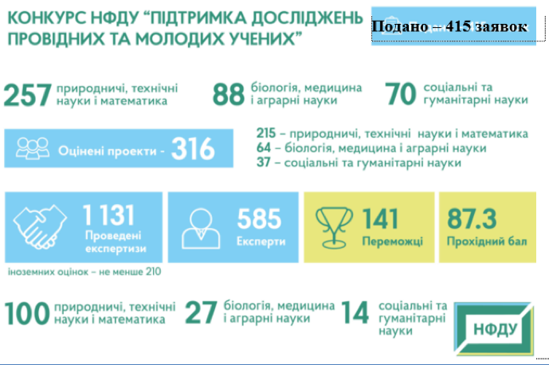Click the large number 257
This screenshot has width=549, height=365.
28,95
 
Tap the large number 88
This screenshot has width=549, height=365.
229,94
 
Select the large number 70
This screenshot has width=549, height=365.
401,94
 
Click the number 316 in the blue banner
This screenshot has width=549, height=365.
193,149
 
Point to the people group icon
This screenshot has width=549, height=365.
33,148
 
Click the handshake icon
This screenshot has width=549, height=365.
40,226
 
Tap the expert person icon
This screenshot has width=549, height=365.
201,229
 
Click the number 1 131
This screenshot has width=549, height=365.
108,214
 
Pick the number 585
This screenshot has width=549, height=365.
259,219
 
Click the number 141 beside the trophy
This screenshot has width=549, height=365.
380,219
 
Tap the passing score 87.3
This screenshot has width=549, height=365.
472,219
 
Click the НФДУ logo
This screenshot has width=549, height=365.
494,329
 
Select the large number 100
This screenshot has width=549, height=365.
27,313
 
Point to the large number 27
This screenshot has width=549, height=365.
201,312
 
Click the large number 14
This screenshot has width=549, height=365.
355,312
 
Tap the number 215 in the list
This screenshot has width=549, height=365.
266,133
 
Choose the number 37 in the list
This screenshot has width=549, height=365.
263,163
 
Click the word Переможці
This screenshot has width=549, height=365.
393,241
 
